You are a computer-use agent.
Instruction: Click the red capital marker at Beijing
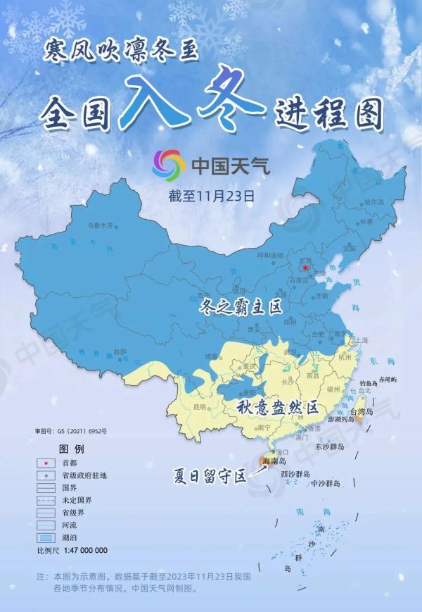(x=303, y=268)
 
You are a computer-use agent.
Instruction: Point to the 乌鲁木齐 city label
(x=99, y=226)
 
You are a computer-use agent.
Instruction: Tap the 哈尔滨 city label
(x=373, y=202)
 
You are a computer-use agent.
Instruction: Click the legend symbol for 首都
(x=46, y=462)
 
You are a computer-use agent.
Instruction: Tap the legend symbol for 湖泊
(x=46, y=537)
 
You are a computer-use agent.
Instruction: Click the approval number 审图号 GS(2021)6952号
(x=70, y=430)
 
